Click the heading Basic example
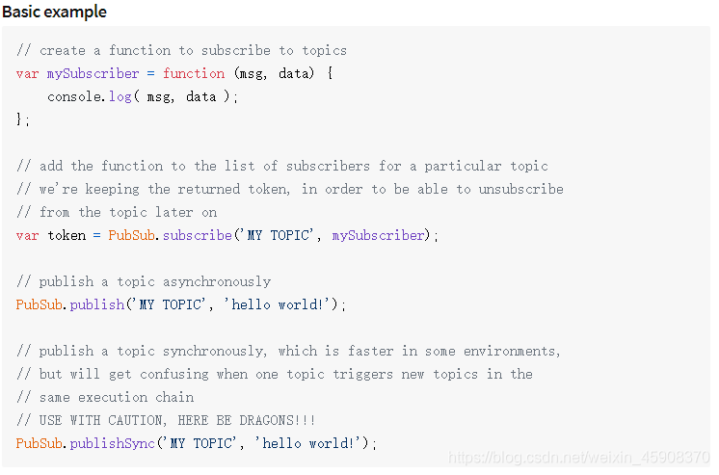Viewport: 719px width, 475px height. [x=54, y=12]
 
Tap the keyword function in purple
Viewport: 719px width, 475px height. [x=194, y=73]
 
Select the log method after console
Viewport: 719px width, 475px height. [x=120, y=96]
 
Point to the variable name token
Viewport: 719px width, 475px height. [x=67, y=235]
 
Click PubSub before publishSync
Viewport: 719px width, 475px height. [x=40, y=443]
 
